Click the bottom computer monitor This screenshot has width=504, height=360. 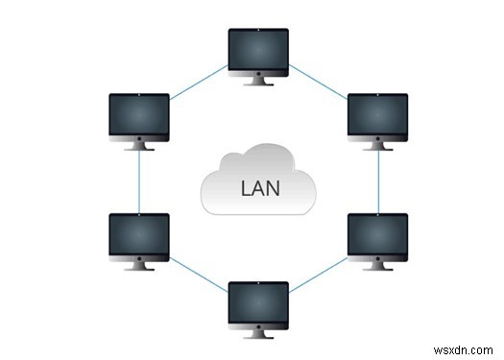[x=257, y=305]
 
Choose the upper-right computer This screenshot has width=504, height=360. [x=376, y=116]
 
